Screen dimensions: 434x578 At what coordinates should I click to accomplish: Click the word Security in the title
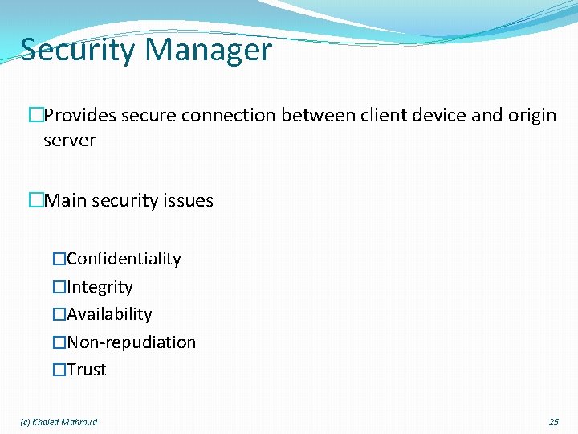click(x=78, y=51)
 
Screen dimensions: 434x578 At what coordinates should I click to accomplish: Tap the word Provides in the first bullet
click(x=79, y=116)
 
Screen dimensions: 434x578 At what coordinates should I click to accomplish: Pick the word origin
click(x=531, y=116)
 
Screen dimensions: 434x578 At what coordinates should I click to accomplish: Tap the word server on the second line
click(x=70, y=141)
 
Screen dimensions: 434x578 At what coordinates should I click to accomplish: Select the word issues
click(x=186, y=200)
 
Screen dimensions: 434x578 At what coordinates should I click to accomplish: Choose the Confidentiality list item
click(x=124, y=259)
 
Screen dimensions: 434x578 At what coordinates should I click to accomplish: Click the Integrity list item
click(x=100, y=287)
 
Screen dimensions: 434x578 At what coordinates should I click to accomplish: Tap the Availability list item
click(x=110, y=314)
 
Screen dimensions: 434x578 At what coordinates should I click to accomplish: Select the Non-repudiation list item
click(x=132, y=342)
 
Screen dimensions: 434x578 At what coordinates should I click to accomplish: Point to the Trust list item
click(x=87, y=370)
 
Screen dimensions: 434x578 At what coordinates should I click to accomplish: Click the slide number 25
click(x=553, y=422)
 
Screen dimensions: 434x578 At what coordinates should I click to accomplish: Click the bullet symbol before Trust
click(x=59, y=370)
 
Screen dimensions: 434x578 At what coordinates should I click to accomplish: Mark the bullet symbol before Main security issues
click(x=35, y=200)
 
